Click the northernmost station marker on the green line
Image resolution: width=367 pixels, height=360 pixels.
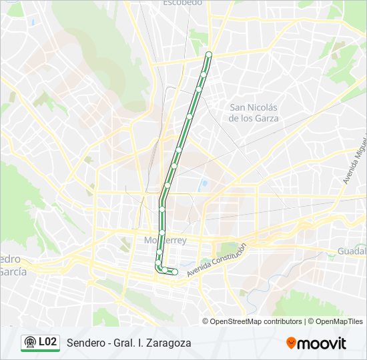pyautogui.click(x=209, y=55)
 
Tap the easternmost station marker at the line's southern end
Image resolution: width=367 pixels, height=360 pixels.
pyautogui.click(x=175, y=271)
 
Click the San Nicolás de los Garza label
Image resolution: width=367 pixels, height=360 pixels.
pyautogui.click(x=254, y=113)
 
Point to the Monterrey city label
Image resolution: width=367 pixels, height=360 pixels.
pyautogui.click(x=165, y=240)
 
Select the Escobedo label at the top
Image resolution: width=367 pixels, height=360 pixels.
pyautogui.click(x=182, y=3)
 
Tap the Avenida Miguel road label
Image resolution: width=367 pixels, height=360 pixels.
pyautogui.click(x=354, y=160)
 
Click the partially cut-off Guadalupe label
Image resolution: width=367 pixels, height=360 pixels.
pyautogui.click(x=352, y=251)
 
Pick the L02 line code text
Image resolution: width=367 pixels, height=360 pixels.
pyautogui.click(x=47, y=342)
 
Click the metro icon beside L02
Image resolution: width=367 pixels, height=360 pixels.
pyautogui.click(x=29, y=343)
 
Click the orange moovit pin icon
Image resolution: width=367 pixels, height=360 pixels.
pyautogui.click(x=291, y=343)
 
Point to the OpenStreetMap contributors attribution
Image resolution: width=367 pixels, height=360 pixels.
pyautogui.click(x=256, y=321)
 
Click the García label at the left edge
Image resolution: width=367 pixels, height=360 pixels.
pyautogui.click(x=12, y=271)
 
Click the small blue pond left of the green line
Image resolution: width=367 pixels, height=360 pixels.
pyautogui.click(x=204, y=183)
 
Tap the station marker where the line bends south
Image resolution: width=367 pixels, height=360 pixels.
pyautogui.click(x=162, y=197)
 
